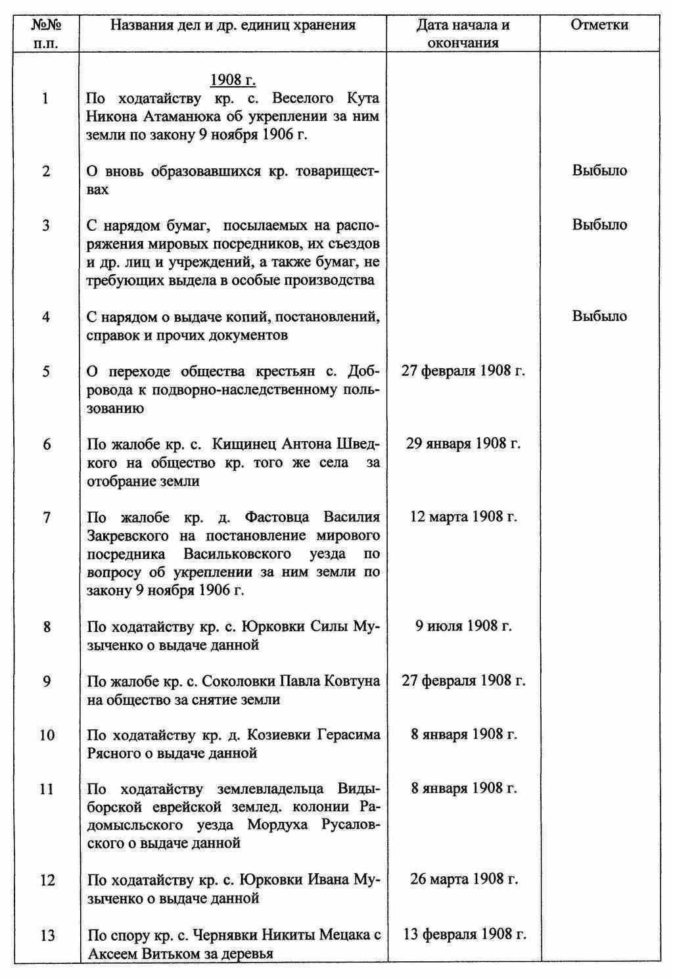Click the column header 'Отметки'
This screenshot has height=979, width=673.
coord(599,25)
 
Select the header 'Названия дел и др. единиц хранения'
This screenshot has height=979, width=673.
coord(233,25)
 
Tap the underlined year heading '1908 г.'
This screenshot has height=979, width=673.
coord(233,80)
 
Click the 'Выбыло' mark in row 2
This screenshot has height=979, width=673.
coord(599,170)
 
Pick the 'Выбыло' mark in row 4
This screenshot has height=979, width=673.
coord(599,316)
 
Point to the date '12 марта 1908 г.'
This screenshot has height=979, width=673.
coord(463,516)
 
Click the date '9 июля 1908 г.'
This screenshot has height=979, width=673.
coord(463,625)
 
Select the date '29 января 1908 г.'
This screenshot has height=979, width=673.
coord(463,443)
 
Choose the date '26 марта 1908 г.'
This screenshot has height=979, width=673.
coord(463,879)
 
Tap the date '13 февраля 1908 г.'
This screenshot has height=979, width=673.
coord(464,934)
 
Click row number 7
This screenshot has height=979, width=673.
coord(47,517)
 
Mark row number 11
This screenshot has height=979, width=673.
coord(47,788)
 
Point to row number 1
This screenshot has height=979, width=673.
coord(45,99)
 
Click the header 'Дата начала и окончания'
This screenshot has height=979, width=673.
coord(463,34)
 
